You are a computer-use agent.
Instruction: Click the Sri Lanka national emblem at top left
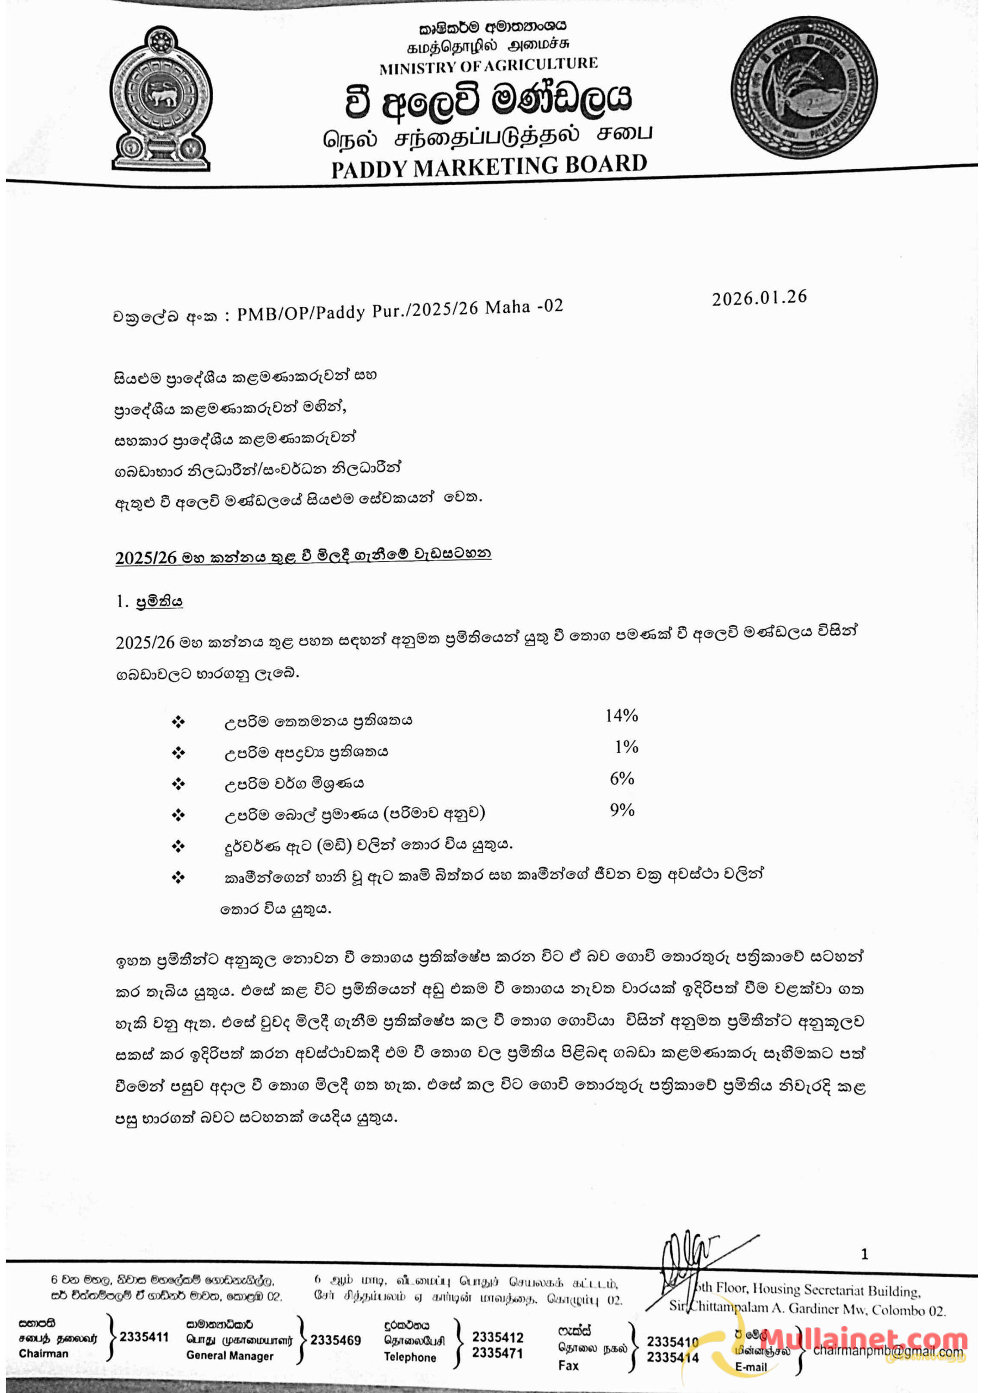click(162, 98)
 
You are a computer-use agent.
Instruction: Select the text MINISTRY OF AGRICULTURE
click(488, 65)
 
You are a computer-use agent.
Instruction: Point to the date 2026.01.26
click(759, 297)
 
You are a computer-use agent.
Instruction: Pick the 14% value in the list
click(621, 716)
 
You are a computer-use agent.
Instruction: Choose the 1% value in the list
click(626, 747)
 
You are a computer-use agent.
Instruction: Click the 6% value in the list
click(622, 779)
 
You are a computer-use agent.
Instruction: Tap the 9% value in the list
click(622, 810)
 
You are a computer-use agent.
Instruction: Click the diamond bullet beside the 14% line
click(178, 722)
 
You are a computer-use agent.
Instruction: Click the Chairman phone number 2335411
click(144, 1337)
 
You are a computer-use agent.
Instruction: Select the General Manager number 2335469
click(336, 1340)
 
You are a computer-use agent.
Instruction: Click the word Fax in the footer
click(568, 1365)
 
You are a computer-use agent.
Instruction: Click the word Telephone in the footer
click(410, 1357)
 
